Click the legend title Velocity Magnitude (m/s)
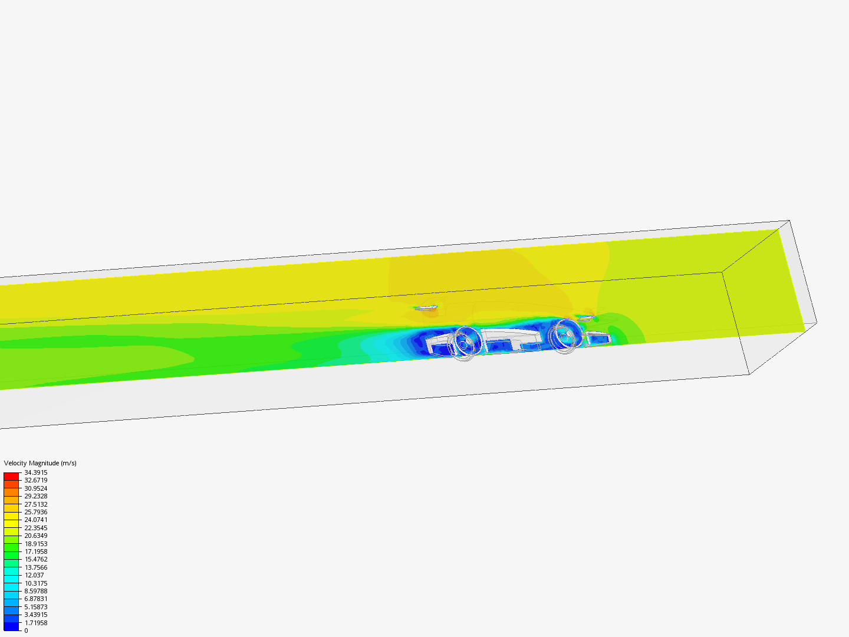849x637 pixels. (40, 463)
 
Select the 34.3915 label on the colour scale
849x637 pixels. (36, 472)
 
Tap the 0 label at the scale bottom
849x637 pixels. (27, 631)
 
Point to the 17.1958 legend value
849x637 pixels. (36, 551)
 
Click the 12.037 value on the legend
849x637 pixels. (34, 575)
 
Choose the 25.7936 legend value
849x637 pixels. (36, 512)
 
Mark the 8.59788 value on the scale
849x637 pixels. (36, 591)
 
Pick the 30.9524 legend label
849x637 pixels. (36, 488)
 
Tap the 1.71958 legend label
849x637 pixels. (36, 623)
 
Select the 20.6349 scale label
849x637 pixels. (36, 536)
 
